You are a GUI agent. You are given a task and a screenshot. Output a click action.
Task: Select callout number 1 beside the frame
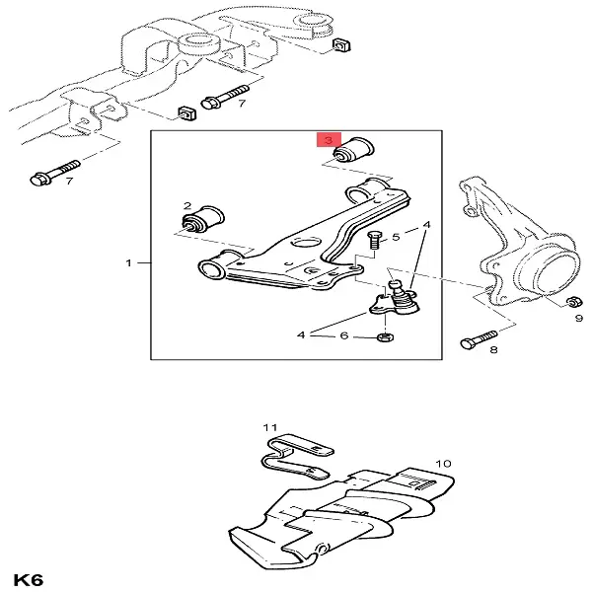128,263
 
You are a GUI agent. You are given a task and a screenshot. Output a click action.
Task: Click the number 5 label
397,237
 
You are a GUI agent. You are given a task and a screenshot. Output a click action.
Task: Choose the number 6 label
344,335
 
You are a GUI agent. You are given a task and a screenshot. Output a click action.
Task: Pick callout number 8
493,349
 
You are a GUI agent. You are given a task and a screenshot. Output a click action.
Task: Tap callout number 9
579,318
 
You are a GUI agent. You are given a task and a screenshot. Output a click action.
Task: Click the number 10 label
443,462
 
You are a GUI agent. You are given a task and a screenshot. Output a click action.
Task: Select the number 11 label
265,426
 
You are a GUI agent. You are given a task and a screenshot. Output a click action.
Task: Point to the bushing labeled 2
210,217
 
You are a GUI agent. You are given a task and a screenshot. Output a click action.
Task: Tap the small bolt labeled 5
375,242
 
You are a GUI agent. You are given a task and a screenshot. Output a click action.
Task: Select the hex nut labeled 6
386,339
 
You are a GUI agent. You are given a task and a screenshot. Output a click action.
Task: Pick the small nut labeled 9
572,301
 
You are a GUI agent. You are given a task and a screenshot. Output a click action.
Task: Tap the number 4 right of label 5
427,225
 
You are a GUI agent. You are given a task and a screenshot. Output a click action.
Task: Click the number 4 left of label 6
301,335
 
